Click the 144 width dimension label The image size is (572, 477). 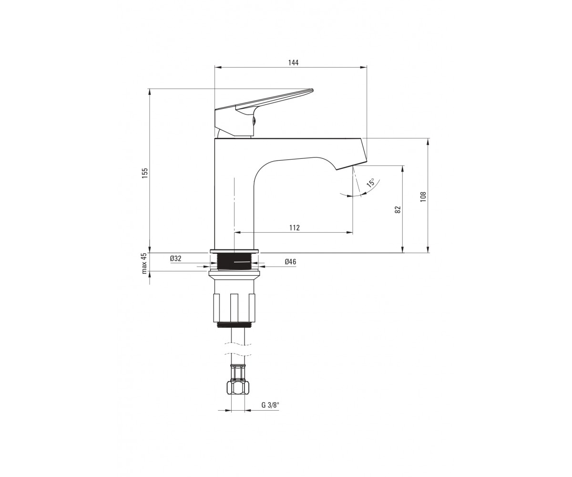pos(293,63)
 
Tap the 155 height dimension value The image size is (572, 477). pos(144,173)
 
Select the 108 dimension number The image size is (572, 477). pos(424,197)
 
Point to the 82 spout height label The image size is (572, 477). pos(398,209)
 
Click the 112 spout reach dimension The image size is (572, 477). pos(295,228)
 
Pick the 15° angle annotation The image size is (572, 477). pos(370,183)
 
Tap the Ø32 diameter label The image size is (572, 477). pos(175,258)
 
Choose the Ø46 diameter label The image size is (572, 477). pos(290,261)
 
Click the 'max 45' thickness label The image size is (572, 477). pos(144,263)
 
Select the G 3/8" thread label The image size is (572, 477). pos(270,413)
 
